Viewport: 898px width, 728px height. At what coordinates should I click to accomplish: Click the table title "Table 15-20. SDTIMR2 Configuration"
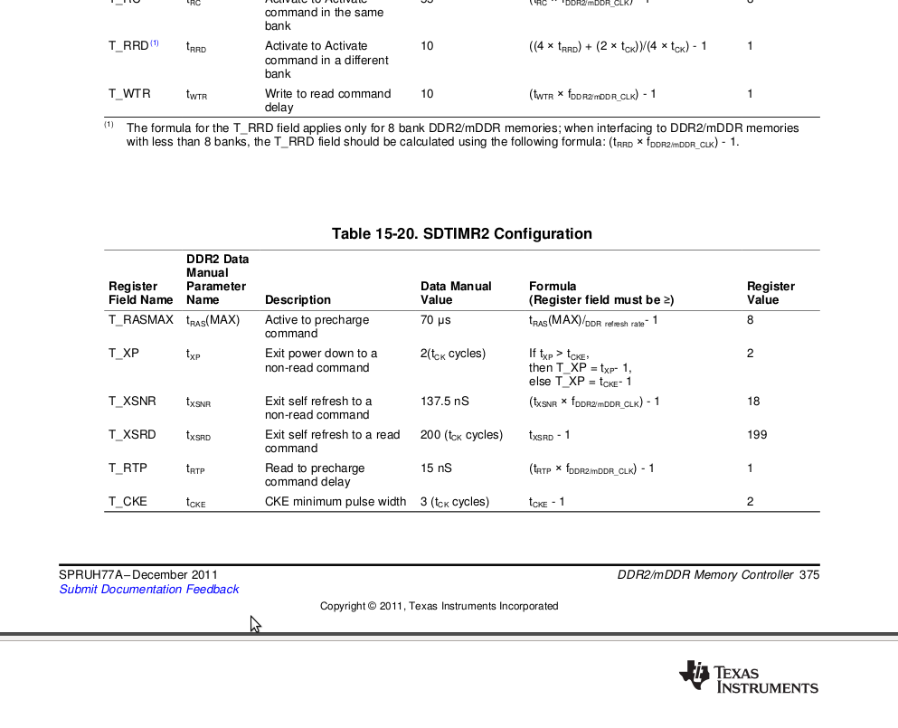pos(461,234)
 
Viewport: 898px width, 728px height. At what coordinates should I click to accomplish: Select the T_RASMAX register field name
pos(141,320)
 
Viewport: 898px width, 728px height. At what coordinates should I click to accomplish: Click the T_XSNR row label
pos(132,402)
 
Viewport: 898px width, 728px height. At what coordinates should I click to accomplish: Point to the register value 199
pos(757,435)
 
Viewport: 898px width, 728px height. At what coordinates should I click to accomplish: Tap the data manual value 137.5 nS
pos(445,402)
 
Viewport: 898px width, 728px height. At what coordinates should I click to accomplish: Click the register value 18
pos(753,402)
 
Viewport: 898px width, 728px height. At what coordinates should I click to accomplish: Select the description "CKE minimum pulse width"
pos(336,502)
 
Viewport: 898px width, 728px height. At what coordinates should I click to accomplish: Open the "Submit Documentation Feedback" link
pos(149,590)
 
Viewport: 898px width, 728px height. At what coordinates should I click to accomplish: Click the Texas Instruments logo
pos(748,676)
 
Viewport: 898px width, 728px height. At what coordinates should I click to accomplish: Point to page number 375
pos(809,575)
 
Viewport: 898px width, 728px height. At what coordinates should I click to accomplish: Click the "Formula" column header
pos(553,287)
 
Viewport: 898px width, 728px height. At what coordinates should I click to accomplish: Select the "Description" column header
pos(298,300)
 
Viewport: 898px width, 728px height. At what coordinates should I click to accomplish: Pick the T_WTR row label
pos(129,94)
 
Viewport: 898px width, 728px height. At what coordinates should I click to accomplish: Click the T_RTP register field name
pos(128,468)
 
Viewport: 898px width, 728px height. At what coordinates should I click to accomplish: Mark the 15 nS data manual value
pos(436,468)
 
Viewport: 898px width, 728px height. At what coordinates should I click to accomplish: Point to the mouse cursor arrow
pos(255,623)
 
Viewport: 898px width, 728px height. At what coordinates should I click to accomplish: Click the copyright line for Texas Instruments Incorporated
pos(439,606)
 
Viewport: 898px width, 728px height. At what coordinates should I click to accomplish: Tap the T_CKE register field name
pos(128,502)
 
